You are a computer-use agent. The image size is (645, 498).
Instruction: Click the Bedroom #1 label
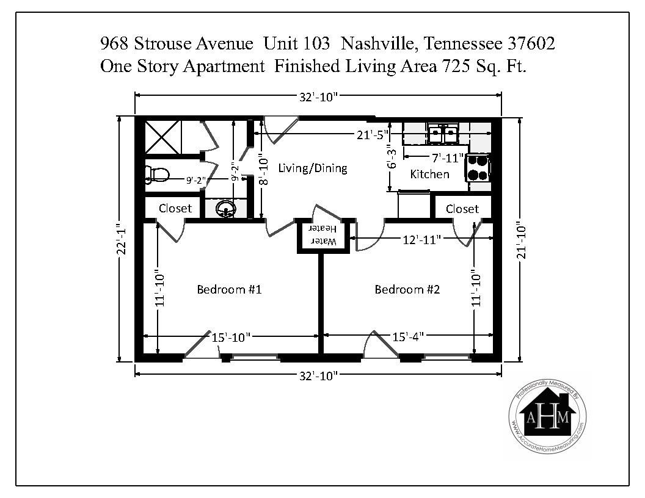[229, 289]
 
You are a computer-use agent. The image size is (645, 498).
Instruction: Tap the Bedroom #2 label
[407, 289]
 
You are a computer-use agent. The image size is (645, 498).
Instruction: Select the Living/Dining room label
[313, 168]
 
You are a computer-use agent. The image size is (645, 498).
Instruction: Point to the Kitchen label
[429, 174]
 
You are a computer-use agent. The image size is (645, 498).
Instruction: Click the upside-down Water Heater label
[323, 234]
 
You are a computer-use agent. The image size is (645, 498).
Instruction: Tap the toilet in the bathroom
[157, 175]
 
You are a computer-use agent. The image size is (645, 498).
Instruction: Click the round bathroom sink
[225, 209]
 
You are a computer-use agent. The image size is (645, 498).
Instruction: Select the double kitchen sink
[443, 133]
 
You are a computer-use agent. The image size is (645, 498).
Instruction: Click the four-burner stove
[478, 168]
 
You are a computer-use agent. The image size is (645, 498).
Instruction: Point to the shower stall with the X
[163, 137]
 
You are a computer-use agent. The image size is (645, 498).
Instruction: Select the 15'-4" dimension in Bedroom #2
[407, 337]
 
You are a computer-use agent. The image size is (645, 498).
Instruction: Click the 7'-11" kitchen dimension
[447, 158]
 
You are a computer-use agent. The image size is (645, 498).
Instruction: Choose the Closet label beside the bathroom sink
[175, 208]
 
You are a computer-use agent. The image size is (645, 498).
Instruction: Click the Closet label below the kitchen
[462, 209]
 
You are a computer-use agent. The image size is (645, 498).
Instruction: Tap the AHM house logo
[547, 416]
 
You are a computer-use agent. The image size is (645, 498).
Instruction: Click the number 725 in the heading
[456, 66]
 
